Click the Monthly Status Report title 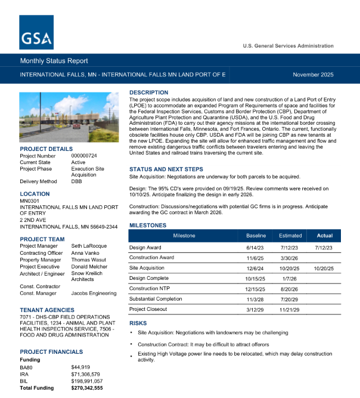54,61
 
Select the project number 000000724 84,156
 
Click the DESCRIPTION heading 149,92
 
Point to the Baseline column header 255,236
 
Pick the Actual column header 325,236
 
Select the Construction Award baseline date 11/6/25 255,258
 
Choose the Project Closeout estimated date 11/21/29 290,309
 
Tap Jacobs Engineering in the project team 94,294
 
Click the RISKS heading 138,323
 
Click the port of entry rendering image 69,116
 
